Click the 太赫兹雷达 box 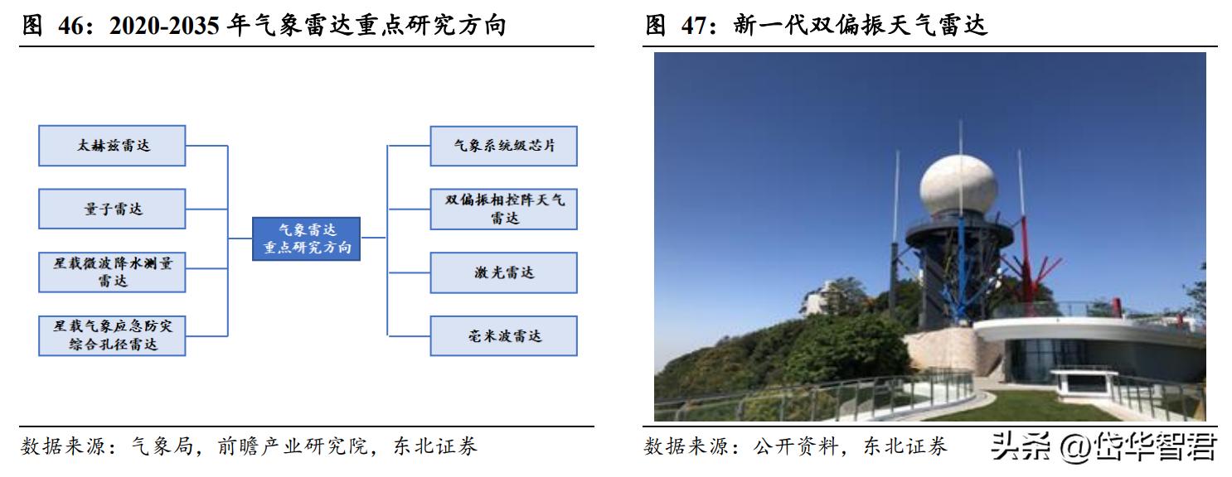coord(112,146)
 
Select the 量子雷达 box coord(112,209)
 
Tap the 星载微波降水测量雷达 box coord(112,272)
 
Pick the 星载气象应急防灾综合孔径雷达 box coord(112,335)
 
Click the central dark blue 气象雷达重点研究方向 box coord(306,238)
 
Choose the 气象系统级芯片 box coord(503,146)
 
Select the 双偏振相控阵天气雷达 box coord(503,209)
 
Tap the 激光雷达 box coord(503,272)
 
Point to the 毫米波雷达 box coord(503,335)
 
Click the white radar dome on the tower coord(958,184)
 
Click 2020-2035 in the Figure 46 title coord(165,26)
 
